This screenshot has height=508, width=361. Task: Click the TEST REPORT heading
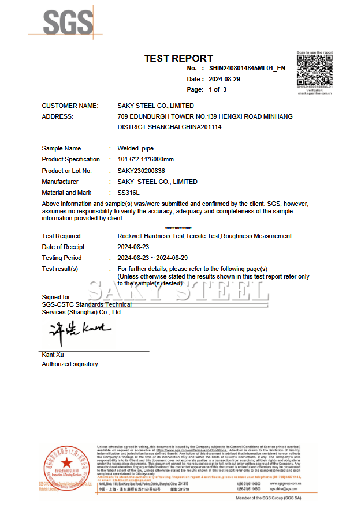pyautogui.click(x=178, y=58)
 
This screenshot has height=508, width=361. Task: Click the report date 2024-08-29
pyautogui.click(x=224, y=79)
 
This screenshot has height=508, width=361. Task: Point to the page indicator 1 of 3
pyautogui.click(x=217, y=90)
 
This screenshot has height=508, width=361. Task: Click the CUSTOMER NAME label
pyautogui.click(x=70, y=106)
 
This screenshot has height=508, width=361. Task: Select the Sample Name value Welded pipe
pyautogui.click(x=136, y=148)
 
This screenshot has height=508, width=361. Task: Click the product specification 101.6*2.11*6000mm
pyautogui.click(x=146, y=159)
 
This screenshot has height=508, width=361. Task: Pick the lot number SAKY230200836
pyautogui.click(x=142, y=171)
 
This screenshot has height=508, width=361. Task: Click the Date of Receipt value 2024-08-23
pyautogui.click(x=133, y=247)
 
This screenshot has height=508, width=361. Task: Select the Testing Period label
pyautogui.click(x=62, y=258)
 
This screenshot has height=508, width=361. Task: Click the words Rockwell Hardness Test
pyautogui.click(x=151, y=236)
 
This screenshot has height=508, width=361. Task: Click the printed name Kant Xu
pyautogui.click(x=53, y=354)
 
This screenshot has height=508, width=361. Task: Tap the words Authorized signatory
pyautogui.click(x=70, y=364)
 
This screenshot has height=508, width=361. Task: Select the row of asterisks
pyautogui.click(x=178, y=228)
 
